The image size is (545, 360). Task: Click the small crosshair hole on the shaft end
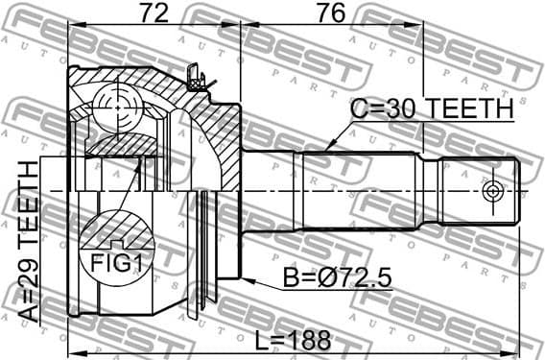(493, 190)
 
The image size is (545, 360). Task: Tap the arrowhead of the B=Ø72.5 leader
(244, 280)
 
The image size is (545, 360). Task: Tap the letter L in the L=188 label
(262, 339)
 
